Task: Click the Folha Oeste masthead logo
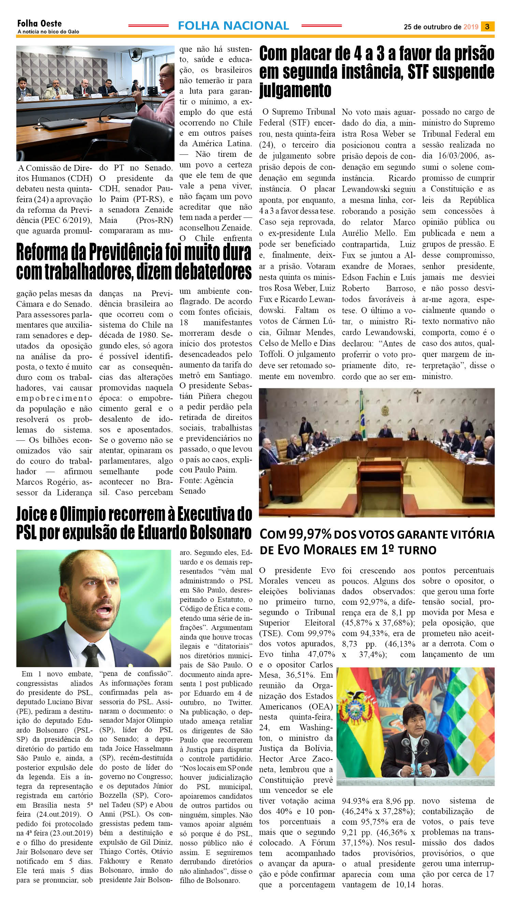pos(39,24)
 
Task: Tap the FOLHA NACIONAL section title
pos(233,26)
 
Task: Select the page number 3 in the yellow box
pos(487,27)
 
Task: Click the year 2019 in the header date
pos(471,27)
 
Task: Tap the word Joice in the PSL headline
pos(32,514)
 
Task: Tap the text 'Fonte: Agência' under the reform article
pos(206,480)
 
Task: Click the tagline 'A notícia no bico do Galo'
pos(48,32)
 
